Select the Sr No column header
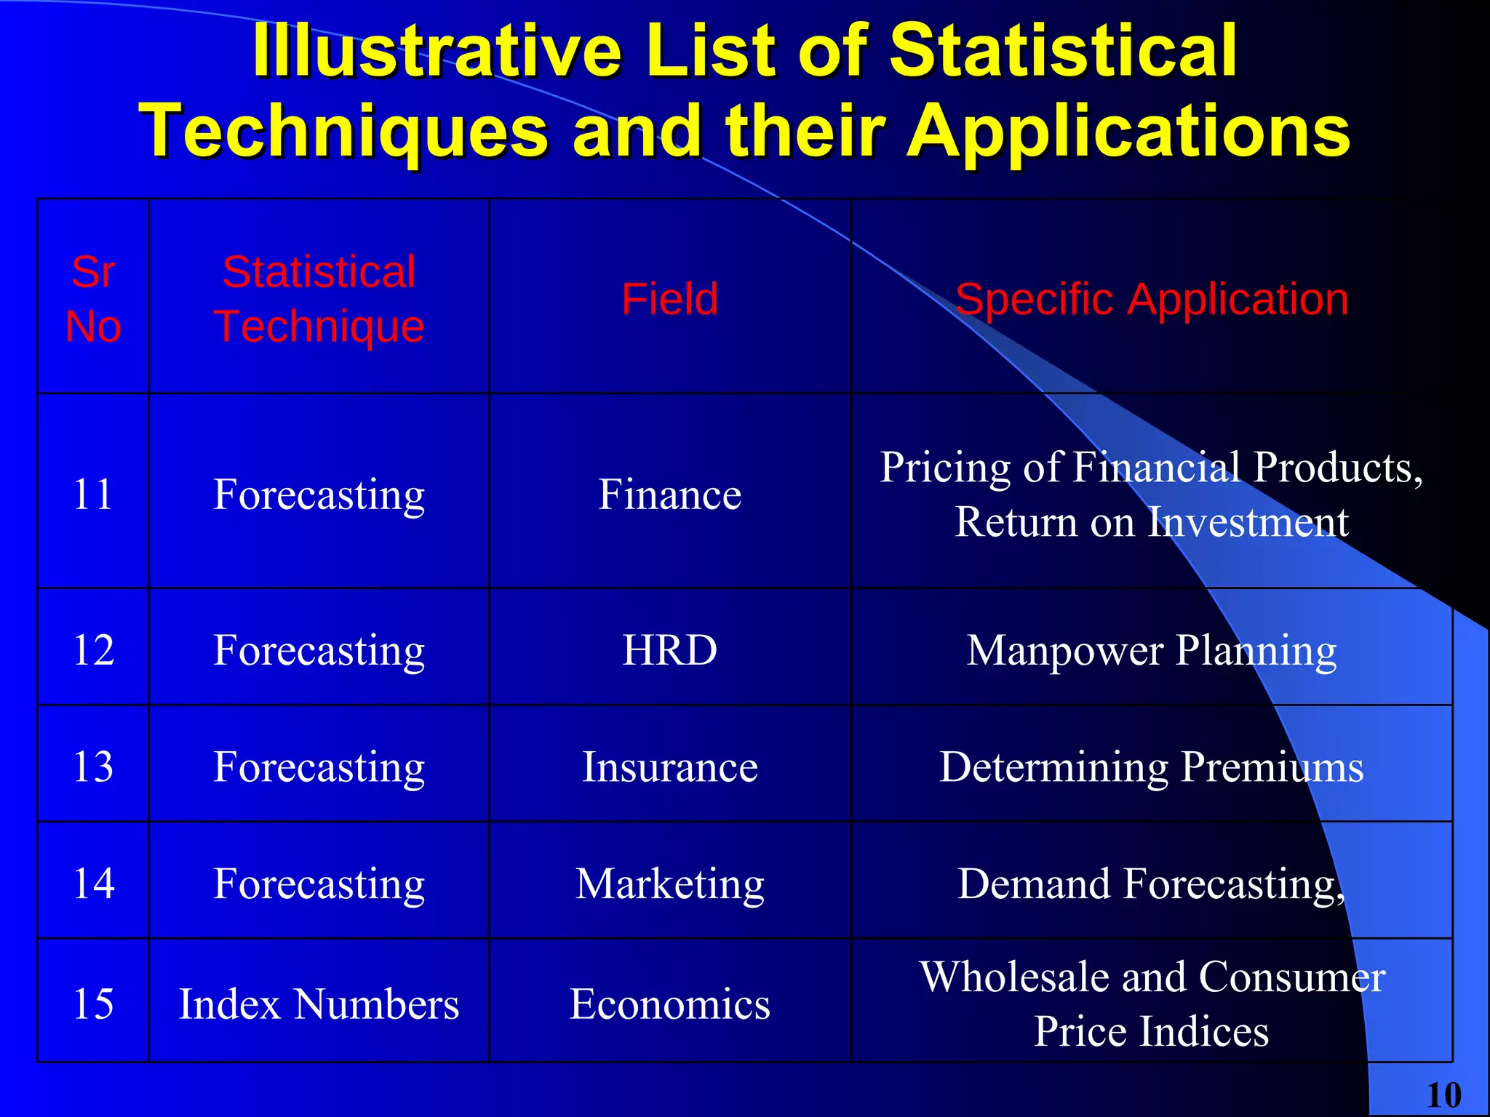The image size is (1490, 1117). coord(93,299)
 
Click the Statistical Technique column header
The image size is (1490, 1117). coord(319,299)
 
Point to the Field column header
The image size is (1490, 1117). coord(669,299)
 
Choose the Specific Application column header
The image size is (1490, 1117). coord(1152,299)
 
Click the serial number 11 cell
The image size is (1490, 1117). coord(93,495)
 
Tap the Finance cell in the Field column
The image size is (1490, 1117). coord(669,495)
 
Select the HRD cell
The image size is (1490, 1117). coord(669,649)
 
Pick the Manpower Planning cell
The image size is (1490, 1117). coord(1152,649)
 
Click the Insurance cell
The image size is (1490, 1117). coord(669,766)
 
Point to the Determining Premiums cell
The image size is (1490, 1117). coord(1152,766)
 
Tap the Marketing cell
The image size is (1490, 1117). coord(669,884)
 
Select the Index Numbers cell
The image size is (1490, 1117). coord(319,1004)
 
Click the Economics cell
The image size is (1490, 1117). coord(669,1004)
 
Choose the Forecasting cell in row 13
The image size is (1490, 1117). coord(319,766)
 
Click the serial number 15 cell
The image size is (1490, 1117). coord(93,1004)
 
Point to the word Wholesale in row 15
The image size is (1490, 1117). coord(1015,977)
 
